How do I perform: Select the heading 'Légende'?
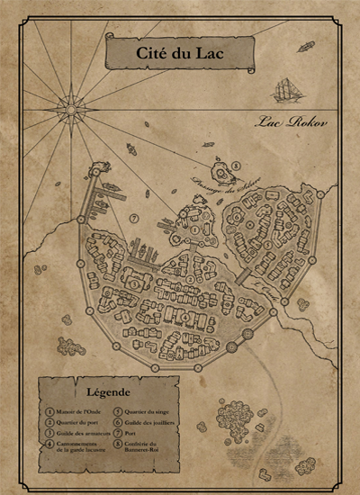coord(108,392)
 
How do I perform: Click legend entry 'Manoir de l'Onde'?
coord(78,410)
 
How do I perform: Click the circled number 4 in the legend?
coord(49,444)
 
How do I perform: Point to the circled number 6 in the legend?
coord(117,421)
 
